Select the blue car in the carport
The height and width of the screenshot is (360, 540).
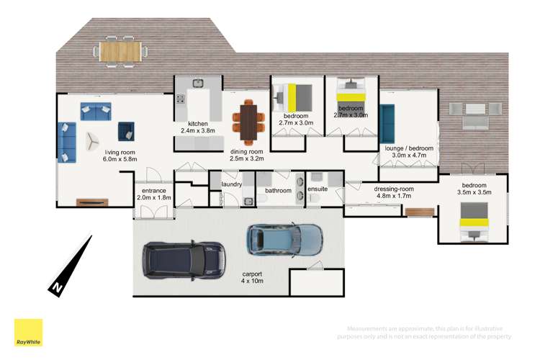pyautogui.click(x=284, y=240)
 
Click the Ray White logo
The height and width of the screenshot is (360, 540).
pyautogui.click(x=28, y=333)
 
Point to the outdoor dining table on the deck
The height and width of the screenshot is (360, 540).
pyautogui.click(x=121, y=51)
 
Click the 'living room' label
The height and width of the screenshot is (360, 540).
pyautogui.click(x=120, y=152)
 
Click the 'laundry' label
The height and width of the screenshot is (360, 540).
pyautogui.click(x=232, y=184)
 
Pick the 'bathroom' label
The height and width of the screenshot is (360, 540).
pyautogui.click(x=277, y=191)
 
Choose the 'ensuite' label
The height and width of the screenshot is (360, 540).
pyautogui.click(x=318, y=189)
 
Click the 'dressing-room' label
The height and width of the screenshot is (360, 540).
pyautogui.click(x=393, y=189)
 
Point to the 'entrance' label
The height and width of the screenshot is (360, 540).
pyautogui.click(x=150, y=191)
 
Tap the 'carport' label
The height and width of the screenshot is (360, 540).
pyautogui.click(x=252, y=274)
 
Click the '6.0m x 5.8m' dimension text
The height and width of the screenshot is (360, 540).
pyautogui.click(x=120, y=160)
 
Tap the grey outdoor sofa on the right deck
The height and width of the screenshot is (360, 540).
pyautogui.click(x=467, y=114)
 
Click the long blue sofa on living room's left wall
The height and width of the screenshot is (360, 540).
pyautogui.click(x=66, y=142)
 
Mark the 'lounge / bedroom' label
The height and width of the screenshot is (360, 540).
pyautogui.click(x=409, y=148)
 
